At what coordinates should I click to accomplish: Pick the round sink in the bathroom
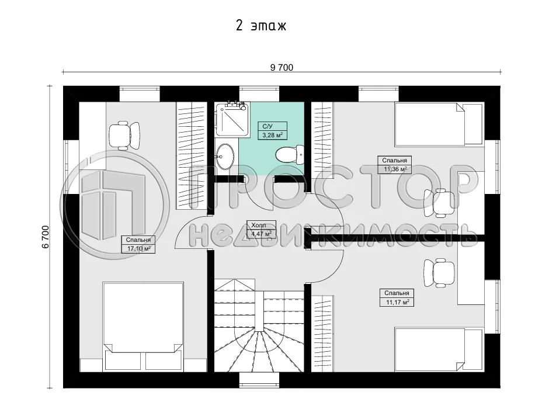pyautogui.click(x=225, y=155)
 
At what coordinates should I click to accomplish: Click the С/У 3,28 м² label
pyautogui.click(x=272, y=130)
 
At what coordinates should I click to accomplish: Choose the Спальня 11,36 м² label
pyautogui.click(x=395, y=165)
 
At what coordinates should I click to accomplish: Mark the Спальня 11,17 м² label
pyautogui.click(x=397, y=297)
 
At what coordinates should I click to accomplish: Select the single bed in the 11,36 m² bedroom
pyautogui.click(x=439, y=124)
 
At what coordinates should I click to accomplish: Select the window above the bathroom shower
pyautogui.click(x=259, y=93)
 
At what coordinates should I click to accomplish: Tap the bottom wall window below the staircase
pyautogui.click(x=259, y=381)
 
